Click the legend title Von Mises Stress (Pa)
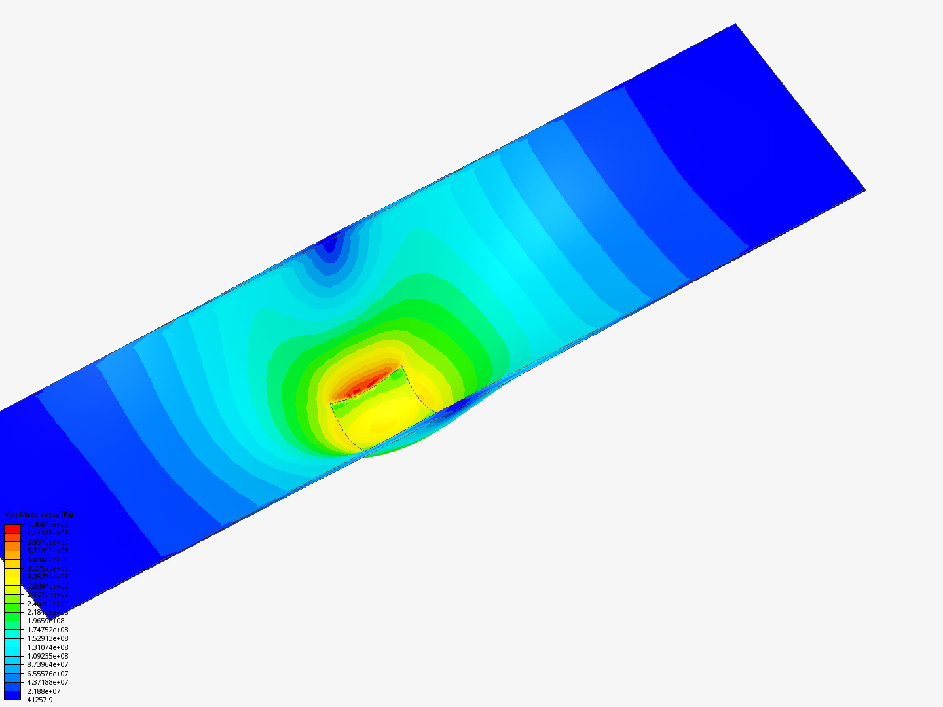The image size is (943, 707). [39, 515]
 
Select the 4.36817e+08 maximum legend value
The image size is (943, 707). [47, 524]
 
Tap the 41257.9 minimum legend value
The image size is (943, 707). [39, 700]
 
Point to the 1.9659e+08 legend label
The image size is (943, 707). [45, 621]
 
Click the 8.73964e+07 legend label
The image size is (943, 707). [47, 664]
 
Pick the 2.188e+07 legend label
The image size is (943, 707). [43, 691]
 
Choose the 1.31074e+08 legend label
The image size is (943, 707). [47, 647]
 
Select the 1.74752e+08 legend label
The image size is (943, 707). [47, 630]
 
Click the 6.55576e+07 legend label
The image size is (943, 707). [47, 674]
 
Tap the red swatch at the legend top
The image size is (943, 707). [12, 528]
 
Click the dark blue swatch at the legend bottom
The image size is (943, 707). [12, 695]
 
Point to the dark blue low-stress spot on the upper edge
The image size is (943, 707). [329, 244]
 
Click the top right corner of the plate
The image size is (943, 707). [735, 25]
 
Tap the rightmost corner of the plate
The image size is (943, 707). [864, 190]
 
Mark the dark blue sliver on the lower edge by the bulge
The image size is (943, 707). [458, 405]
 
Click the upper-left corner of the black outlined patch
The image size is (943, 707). [330, 403]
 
